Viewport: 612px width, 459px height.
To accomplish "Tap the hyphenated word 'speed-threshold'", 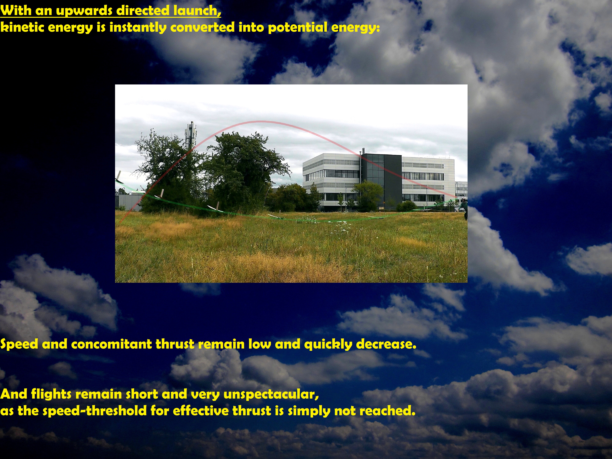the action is pyautogui.click(x=95, y=411).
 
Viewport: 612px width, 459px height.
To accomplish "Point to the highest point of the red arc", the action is pyautogui.click(x=260, y=121).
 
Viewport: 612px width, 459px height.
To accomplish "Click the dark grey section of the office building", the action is pyautogui.click(x=382, y=180).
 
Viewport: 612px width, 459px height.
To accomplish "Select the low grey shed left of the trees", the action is pyautogui.click(x=129, y=201).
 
